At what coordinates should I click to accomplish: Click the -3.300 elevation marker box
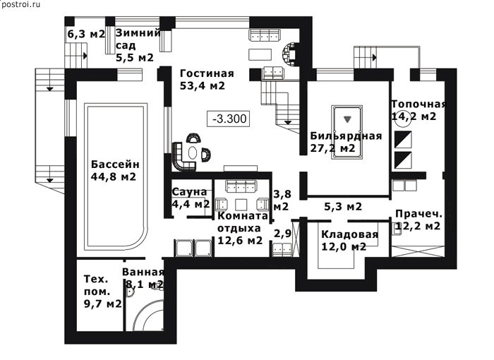click(x=228, y=119)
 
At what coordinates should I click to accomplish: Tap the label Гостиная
click(x=207, y=73)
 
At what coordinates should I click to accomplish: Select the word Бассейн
click(x=115, y=164)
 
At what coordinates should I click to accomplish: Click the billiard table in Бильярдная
click(x=347, y=133)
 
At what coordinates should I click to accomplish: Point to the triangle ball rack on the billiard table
click(x=347, y=119)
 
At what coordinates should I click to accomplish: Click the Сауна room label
click(x=189, y=192)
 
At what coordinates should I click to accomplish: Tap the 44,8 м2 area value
click(x=114, y=176)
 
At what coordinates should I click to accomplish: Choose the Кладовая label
click(x=350, y=234)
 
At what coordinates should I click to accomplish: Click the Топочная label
click(x=419, y=104)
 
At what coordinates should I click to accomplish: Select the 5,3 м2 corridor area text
click(x=343, y=207)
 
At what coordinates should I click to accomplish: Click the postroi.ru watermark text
click(x=20, y=5)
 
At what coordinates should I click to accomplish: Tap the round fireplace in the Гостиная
click(x=289, y=54)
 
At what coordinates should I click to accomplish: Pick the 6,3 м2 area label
click(x=86, y=34)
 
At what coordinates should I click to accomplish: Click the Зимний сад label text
click(x=138, y=39)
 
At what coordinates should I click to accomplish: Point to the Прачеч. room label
click(x=418, y=214)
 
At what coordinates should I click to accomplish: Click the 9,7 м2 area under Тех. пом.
click(x=103, y=304)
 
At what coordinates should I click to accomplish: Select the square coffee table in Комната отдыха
click(x=241, y=204)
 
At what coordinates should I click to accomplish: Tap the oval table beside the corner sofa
click(x=192, y=153)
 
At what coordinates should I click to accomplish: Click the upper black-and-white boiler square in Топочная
click(x=403, y=139)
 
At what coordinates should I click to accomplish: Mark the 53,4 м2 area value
click(x=203, y=85)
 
